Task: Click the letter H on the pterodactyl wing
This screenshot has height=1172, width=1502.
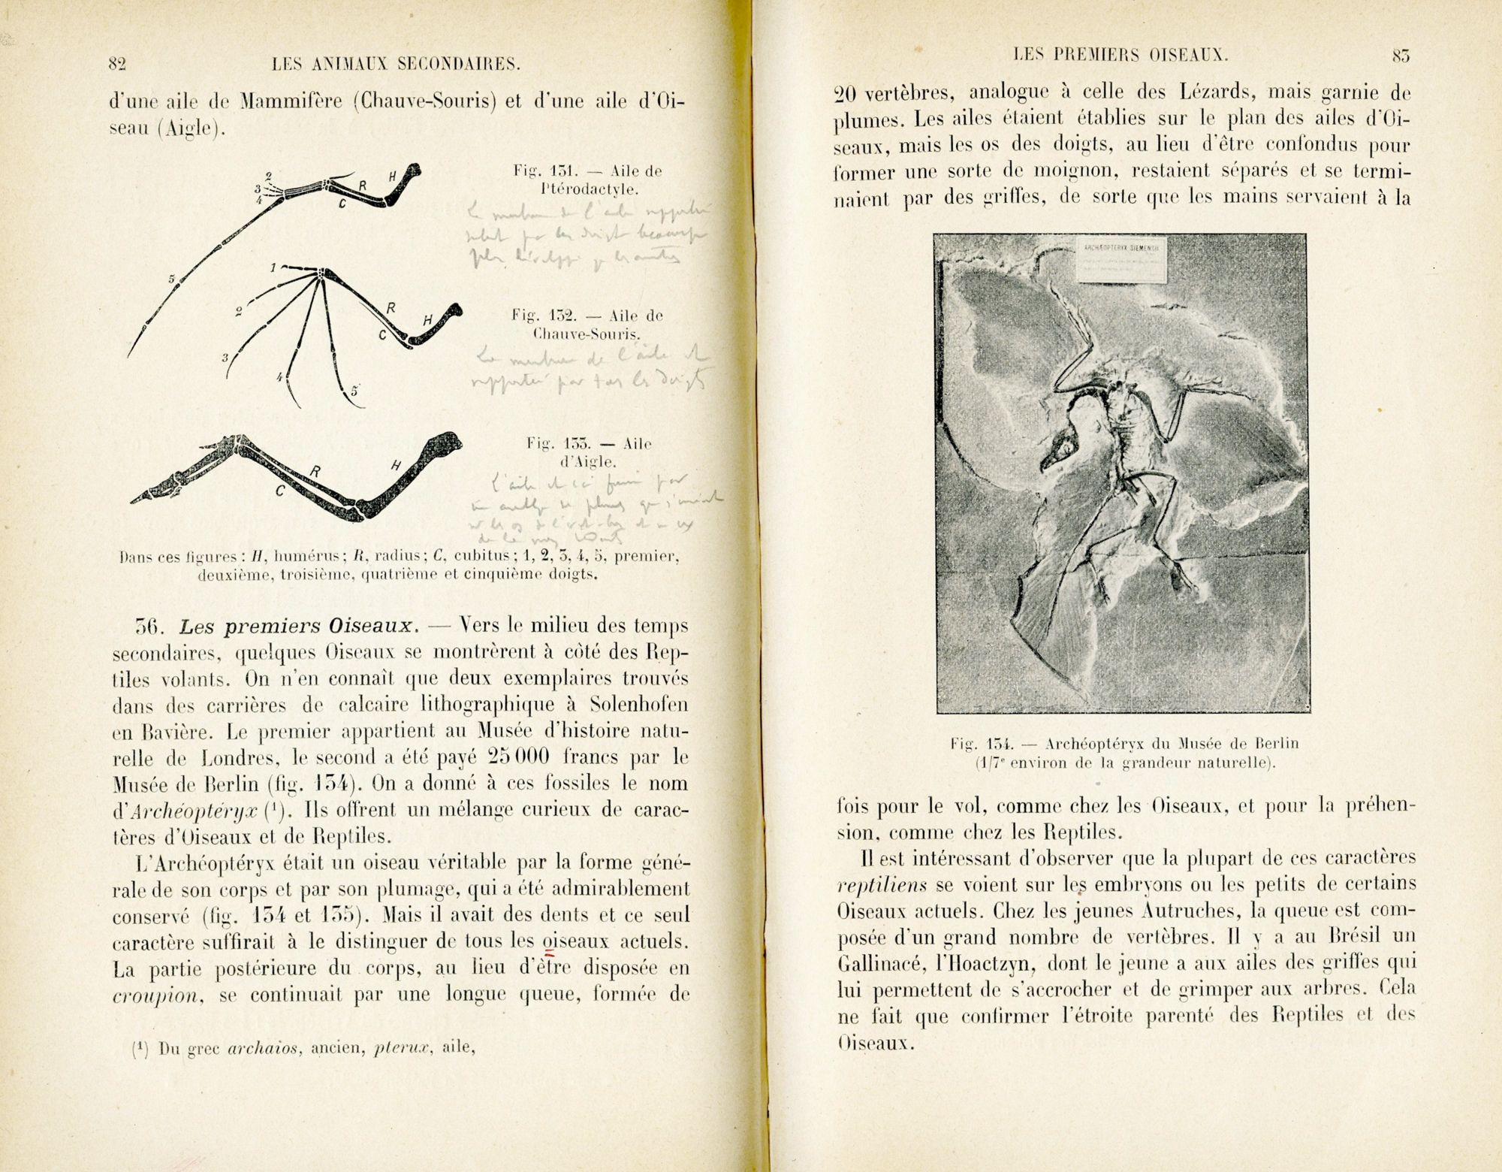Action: click(x=392, y=176)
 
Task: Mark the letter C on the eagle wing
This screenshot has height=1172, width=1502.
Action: click(x=279, y=492)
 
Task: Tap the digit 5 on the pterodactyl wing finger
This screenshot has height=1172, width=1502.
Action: click(x=171, y=279)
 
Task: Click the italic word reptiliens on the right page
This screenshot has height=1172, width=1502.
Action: click(x=872, y=885)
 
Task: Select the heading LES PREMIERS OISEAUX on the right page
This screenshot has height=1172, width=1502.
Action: click(x=1120, y=54)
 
